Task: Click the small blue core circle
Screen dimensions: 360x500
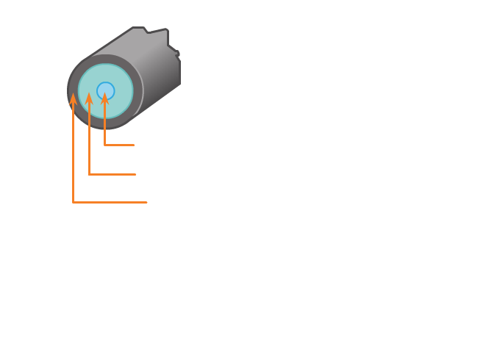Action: pos(105,87)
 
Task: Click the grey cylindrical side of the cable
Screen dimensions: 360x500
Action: pos(154,73)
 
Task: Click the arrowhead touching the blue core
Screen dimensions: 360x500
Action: pos(105,97)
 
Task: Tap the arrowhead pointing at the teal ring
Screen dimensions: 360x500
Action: pos(89,98)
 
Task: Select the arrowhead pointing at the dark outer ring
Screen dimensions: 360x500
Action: pos(73,99)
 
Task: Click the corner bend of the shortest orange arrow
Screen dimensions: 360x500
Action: pos(105,145)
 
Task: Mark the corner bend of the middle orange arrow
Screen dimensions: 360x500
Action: pos(89,174)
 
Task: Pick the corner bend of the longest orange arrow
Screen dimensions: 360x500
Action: pos(73,202)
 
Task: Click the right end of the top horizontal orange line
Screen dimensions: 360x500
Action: pos(135,145)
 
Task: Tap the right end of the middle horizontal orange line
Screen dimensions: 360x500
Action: pos(136,174)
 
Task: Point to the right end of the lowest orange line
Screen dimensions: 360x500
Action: pos(147,202)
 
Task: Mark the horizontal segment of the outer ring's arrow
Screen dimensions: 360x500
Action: pos(110,202)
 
